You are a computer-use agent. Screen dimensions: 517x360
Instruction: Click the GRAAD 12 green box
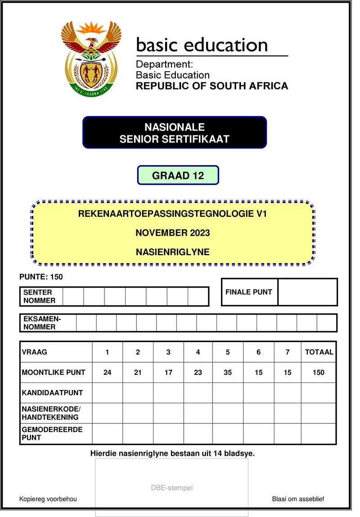coord(178,175)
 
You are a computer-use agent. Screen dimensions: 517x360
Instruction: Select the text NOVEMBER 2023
coord(173,233)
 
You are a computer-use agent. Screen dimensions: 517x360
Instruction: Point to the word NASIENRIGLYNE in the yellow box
coord(173,252)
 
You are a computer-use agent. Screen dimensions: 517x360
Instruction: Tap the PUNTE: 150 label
coord(41,277)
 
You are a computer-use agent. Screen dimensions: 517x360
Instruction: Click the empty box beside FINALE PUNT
coord(307,292)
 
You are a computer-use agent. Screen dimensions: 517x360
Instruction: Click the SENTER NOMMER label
coord(40,296)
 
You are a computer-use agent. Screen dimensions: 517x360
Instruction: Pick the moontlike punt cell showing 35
coord(228,372)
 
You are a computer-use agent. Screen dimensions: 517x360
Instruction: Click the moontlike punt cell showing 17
coord(168,372)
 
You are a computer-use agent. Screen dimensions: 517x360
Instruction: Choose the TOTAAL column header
coord(319,352)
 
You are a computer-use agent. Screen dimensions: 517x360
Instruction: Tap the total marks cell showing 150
coord(319,372)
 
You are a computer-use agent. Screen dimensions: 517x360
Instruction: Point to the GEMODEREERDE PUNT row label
coord(52,433)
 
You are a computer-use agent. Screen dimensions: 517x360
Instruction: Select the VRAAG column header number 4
coord(198,352)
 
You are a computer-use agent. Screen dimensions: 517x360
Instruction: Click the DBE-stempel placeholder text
coord(172,488)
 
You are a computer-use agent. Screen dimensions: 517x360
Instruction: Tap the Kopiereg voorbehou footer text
coord(48,499)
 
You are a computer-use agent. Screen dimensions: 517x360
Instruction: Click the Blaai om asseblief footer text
coord(298,499)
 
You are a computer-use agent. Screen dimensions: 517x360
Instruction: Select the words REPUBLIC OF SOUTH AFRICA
coord(212,85)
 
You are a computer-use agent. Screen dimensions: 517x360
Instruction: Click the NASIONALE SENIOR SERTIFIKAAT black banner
coord(175,133)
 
